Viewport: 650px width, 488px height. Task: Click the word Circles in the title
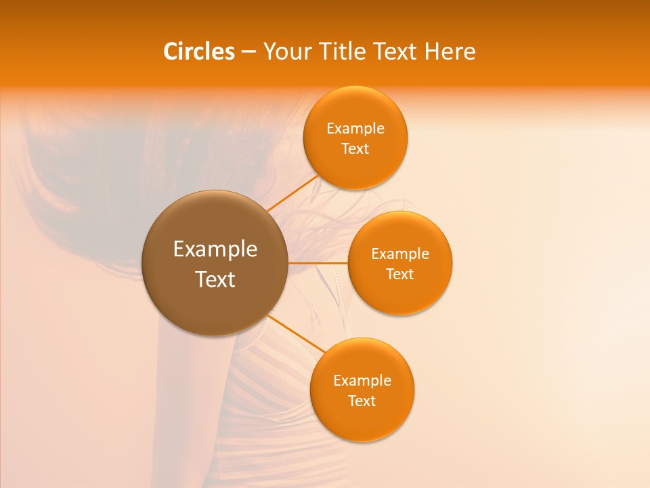(x=198, y=52)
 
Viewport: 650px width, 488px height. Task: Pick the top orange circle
(x=355, y=108)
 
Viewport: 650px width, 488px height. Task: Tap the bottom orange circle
(x=362, y=420)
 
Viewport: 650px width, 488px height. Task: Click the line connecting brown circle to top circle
(x=292, y=194)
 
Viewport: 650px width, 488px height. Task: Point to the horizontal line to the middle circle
(x=318, y=263)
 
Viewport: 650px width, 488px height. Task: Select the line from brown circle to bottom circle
(x=296, y=333)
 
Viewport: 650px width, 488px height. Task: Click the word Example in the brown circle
(x=215, y=249)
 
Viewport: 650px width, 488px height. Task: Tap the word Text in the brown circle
(x=215, y=279)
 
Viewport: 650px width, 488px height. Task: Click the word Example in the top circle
(x=355, y=129)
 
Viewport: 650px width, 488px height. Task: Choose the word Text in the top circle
(x=355, y=149)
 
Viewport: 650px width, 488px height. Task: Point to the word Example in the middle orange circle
(x=400, y=254)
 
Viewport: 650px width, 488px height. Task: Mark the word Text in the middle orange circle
(x=400, y=274)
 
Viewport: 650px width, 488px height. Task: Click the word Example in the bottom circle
(x=362, y=381)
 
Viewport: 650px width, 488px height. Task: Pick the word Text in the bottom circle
(x=362, y=401)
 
